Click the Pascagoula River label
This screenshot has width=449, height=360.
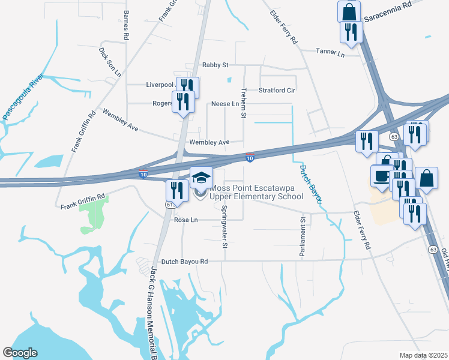[22, 96]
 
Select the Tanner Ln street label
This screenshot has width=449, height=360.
[331, 53]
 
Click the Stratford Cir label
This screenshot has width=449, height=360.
[277, 91]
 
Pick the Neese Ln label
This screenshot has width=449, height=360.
[225, 104]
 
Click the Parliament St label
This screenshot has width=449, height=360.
[303, 238]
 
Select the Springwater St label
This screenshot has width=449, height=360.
[224, 227]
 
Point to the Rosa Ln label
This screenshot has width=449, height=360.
[185, 220]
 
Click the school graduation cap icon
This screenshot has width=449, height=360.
[202, 177]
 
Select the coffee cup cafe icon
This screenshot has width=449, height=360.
[381, 175]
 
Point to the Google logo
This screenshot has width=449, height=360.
[20, 353]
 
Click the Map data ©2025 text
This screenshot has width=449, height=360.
[423, 355]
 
